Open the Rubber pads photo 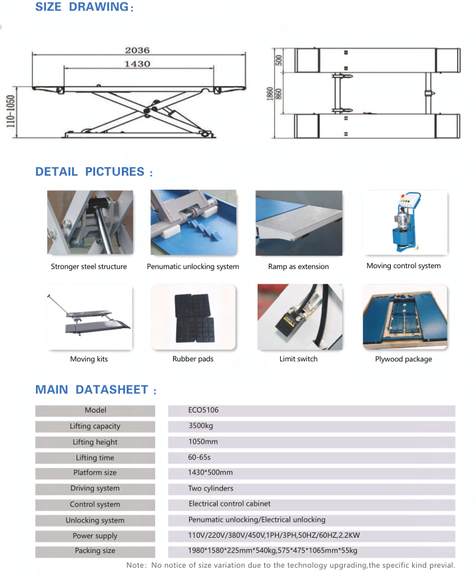(x=193, y=317)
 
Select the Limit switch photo (x=299, y=317)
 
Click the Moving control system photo (x=405, y=222)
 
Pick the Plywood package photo (x=404, y=317)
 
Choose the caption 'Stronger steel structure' (x=89, y=267)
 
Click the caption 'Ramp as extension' (x=298, y=267)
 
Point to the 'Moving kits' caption (x=89, y=359)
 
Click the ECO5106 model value (x=203, y=411)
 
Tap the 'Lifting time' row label (x=95, y=458)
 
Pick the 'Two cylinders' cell (x=210, y=488)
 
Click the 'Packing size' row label (x=95, y=551)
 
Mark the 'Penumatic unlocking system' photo (x=193, y=222)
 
